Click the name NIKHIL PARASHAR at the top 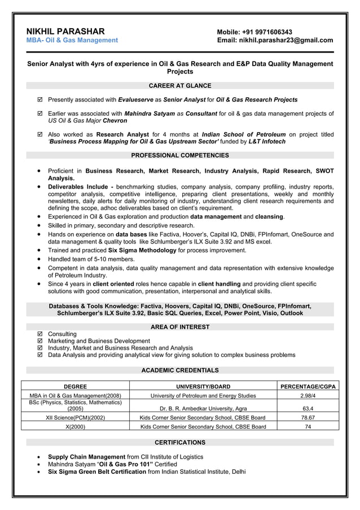point(65,31)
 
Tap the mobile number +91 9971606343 point(267,32)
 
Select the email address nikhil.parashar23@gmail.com point(287,41)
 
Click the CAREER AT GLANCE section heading point(179,86)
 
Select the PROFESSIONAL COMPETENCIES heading point(179,155)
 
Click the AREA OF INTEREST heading point(179,327)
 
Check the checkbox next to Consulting point(39,334)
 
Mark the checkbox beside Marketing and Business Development point(39,341)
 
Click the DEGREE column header point(75,386)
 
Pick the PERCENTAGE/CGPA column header point(308,386)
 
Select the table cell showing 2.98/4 point(308,396)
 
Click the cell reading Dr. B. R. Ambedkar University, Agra point(203,408)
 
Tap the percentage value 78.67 point(308,418)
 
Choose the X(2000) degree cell point(75,427)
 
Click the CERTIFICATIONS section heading point(179,442)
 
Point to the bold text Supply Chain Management point(86,457)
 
